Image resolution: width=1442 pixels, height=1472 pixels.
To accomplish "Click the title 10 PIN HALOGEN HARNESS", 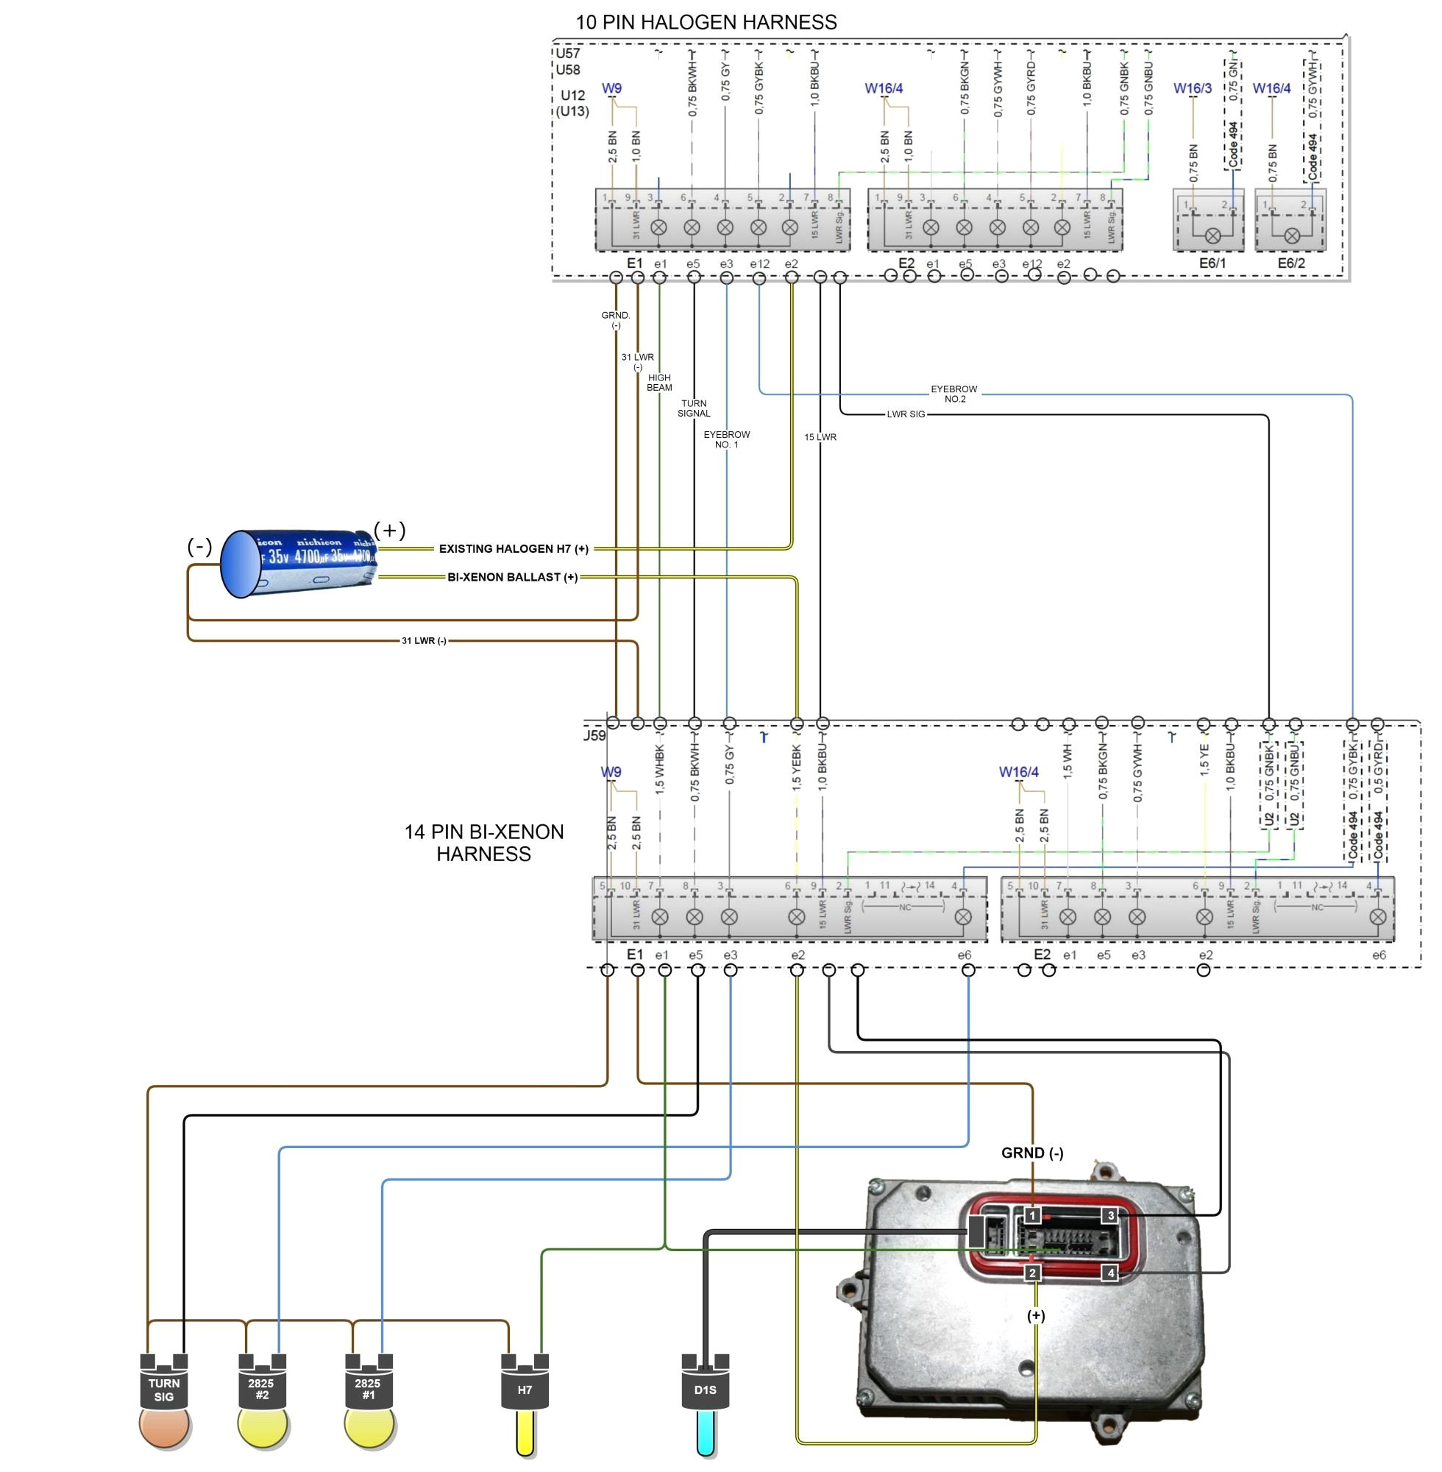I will [706, 23].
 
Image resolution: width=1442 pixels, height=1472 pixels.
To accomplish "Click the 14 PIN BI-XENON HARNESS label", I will [484, 843].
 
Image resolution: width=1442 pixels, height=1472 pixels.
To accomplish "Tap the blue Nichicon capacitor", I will [299, 563].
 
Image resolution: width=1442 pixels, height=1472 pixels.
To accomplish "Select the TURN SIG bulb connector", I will [163, 1390].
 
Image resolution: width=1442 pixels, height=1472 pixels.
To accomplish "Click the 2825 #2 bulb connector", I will [262, 1389].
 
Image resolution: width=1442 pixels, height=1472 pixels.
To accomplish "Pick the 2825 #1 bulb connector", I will [368, 1389].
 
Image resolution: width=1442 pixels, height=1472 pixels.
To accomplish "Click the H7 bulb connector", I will [525, 1389].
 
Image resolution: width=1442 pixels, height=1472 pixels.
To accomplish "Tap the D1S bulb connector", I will [705, 1389].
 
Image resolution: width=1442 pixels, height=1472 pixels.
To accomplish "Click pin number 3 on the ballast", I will [1110, 1216].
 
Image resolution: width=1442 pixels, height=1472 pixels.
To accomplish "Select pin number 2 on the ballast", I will [1032, 1273].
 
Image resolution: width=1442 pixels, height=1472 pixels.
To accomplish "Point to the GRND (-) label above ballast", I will [1032, 1153].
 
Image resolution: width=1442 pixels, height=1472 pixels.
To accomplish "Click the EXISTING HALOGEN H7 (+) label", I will [514, 548].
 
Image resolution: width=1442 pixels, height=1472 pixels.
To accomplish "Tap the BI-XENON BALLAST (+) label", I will [513, 577].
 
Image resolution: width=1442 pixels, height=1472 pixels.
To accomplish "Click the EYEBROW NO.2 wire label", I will [954, 394].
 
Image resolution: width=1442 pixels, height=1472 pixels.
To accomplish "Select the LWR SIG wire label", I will [906, 414].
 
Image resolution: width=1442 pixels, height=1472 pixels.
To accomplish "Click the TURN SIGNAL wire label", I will [694, 408].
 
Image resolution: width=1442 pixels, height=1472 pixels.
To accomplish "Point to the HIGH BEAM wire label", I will [659, 383].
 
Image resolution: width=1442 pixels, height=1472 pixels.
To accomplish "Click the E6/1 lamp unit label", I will [1212, 263].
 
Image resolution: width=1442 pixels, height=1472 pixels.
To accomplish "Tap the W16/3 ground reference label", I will [1192, 88].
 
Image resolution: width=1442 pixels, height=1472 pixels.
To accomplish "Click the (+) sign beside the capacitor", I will [390, 530].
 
